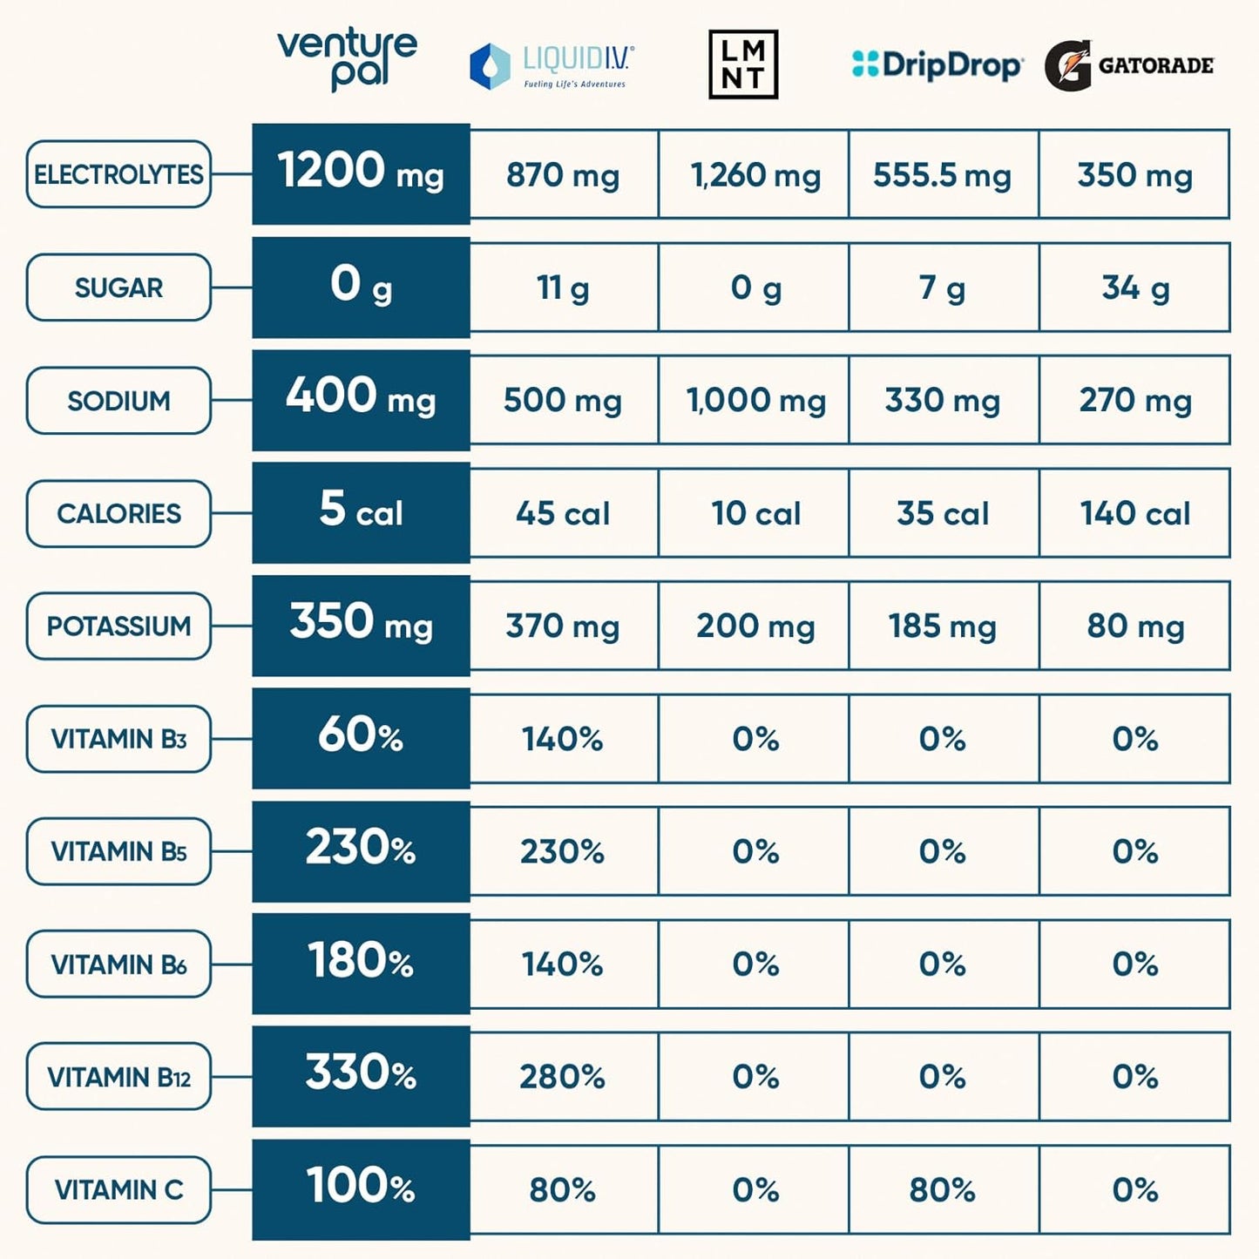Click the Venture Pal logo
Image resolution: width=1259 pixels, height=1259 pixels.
(348, 59)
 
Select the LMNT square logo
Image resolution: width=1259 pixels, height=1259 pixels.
(742, 64)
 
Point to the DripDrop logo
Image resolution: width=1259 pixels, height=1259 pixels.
(937, 65)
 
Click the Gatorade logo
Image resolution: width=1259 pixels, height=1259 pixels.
(1129, 65)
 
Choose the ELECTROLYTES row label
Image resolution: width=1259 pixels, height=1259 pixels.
(118, 174)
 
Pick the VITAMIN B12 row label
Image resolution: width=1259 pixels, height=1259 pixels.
(118, 1077)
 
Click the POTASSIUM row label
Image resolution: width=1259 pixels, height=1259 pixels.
(118, 626)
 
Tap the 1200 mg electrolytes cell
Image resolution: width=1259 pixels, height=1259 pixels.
(361, 173)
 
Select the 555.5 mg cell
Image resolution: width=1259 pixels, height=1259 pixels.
(943, 174)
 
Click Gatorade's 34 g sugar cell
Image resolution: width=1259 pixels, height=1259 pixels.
(1134, 288)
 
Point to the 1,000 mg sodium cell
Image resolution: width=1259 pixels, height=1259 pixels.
(755, 400)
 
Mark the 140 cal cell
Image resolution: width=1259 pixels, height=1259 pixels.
(1134, 513)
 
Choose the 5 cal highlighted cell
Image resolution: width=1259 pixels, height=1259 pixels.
(361, 511)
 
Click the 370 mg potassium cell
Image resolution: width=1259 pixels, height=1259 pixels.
(563, 626)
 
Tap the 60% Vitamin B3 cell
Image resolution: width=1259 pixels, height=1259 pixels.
(361, 737)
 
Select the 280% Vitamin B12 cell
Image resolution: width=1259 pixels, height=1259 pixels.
(563, 1077)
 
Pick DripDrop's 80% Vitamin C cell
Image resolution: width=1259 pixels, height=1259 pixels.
(943, 1189)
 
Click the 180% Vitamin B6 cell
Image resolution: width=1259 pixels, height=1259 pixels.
(361, 963)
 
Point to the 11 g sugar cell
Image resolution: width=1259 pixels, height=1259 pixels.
(563, 288)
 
